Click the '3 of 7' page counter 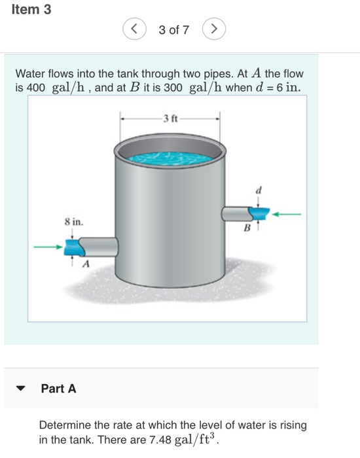point(173,30)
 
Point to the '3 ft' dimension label point(170,118)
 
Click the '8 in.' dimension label point(73,222)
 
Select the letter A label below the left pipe point(84,264)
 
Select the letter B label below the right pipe point(247,228)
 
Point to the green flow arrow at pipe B point(288,213)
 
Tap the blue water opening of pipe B point(260,213)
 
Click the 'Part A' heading point(58,389)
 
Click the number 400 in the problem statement point(34,88)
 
